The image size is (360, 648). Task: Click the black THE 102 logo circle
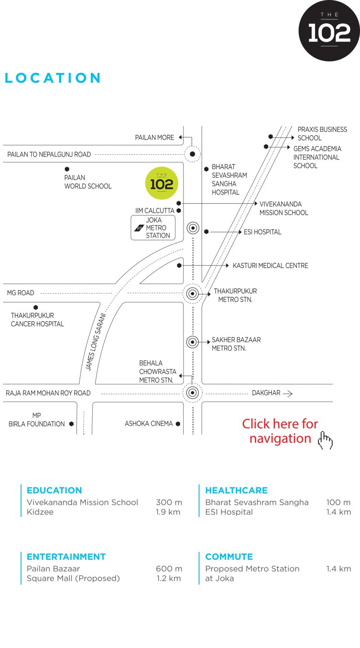(329, 31)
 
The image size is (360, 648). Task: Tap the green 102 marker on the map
(162, 183)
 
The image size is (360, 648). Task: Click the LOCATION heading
(53, 78)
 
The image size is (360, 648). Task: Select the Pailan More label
(154, 137)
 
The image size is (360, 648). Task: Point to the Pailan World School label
(88, 182)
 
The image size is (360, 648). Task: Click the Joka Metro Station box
(153, 228)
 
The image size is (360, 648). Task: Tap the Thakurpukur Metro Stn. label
(235, 295)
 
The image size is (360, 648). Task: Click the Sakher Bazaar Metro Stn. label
(236, 344)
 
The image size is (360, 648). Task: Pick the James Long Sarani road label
(95, 342)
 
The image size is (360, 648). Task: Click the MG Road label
(21, 293)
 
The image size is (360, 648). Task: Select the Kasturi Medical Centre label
(270, 265)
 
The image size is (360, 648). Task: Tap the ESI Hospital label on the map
(262, 232)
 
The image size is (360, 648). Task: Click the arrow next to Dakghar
(288, 393)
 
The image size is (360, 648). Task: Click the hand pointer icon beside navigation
(325, 440)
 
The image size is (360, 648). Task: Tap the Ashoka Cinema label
(149, 423)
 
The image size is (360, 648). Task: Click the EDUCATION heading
(54, 490)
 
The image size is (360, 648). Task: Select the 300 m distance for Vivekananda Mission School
(169, 502)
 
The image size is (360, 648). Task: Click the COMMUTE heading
(229, 557)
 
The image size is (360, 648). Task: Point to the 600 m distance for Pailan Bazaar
(169, 568)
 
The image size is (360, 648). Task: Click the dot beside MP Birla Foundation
(72, 424)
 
